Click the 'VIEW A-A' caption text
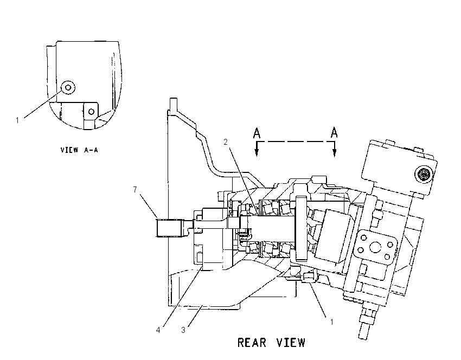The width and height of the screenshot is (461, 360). (79, 150)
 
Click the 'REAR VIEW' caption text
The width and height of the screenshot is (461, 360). (271, 343)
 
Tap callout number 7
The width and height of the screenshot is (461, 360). (135, 190)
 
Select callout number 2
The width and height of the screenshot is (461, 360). (226, 142)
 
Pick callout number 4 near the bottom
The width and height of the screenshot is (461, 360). (158, 330)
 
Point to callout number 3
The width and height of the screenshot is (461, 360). (183, 330)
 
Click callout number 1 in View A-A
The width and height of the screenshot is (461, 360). (17, 120)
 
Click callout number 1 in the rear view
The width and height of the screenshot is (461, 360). (331, 322)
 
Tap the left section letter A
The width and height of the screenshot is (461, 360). (257, 133)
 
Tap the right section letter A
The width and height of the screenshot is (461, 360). (334, 132)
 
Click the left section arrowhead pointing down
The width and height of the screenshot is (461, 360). (257, 152)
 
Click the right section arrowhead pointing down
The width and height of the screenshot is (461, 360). (334, 152)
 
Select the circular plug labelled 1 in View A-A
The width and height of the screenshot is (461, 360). (68, 87)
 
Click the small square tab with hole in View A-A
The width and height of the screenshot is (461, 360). (91, 111)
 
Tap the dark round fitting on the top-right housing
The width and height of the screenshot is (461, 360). (424, 175)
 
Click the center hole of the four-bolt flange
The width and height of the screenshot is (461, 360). (375, 247)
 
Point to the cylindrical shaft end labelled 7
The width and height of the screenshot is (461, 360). (169, 228)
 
